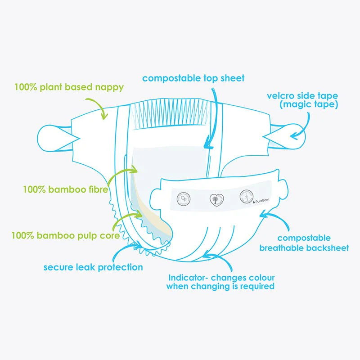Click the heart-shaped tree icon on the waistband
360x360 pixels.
coord(216,199)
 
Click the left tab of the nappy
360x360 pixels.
coord(53,134)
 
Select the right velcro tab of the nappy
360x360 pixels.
coord(290,134)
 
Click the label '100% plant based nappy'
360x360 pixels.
coord(69,87)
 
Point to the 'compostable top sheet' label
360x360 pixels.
coord(193,78)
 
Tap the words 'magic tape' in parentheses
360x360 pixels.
coord(308,104)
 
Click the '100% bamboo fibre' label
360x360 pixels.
coord(65,189)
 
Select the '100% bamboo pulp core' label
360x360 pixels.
coord(65,235)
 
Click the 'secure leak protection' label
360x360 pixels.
coord(93,267)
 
